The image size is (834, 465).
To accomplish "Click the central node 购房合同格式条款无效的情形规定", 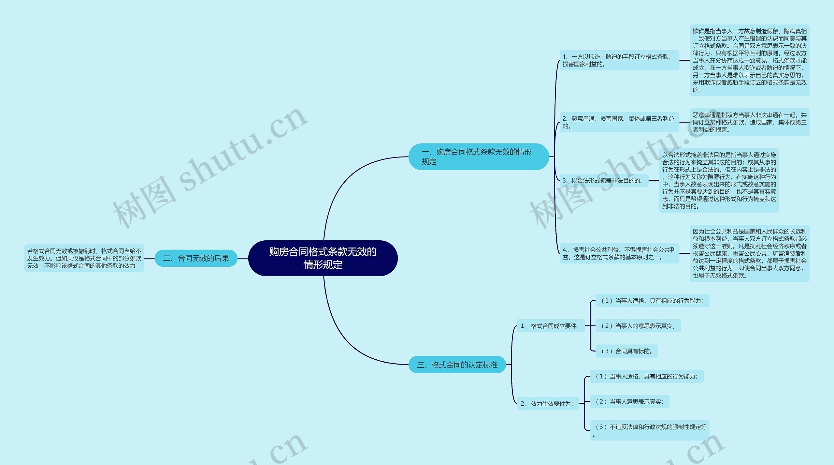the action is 323,258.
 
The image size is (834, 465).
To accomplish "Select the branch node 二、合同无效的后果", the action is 196,258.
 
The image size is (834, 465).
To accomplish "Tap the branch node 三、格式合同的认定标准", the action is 457,365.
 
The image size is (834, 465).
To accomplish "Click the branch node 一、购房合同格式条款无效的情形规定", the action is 478,157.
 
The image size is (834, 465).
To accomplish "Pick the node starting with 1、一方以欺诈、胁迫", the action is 619,60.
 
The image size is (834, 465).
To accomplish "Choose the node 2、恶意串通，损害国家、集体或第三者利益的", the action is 619,122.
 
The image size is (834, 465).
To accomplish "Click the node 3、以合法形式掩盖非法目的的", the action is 604,180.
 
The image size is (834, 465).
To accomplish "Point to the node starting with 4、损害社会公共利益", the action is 619,253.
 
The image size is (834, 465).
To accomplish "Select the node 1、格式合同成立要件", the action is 550,326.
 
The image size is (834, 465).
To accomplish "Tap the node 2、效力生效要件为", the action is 547,403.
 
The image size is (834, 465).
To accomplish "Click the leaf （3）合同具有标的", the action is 626,351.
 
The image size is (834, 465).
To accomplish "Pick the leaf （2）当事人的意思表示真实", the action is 638,326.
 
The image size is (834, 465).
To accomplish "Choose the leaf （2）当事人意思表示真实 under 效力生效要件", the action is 629,401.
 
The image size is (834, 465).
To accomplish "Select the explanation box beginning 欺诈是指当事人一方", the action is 749,60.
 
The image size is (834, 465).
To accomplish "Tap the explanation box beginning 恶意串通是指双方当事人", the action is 749,122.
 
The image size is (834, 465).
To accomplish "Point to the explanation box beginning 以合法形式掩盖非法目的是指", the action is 719,180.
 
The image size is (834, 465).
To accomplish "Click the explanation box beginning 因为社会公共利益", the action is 749,253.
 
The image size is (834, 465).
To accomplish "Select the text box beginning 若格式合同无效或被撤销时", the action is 84,258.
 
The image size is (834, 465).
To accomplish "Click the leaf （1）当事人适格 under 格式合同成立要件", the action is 652,300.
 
